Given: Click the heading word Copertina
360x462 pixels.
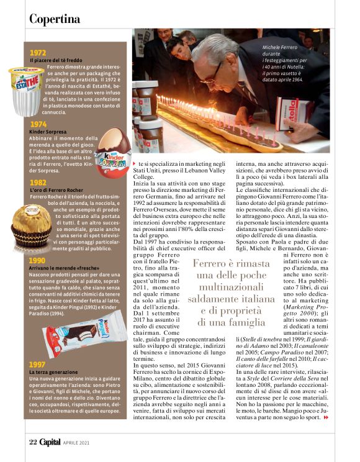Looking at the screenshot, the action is point(55,19).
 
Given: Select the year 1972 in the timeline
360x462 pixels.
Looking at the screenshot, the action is point(38,53).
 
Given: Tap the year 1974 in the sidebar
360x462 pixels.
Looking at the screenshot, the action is point(38,124).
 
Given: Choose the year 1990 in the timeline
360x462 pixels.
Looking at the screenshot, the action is point(37,260).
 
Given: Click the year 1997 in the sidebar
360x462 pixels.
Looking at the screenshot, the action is point(37,364).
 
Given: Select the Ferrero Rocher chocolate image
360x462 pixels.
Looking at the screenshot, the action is point(32,225).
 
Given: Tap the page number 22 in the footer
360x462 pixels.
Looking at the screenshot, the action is point(33,442).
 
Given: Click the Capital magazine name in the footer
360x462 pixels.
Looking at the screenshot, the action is point(50,442).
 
